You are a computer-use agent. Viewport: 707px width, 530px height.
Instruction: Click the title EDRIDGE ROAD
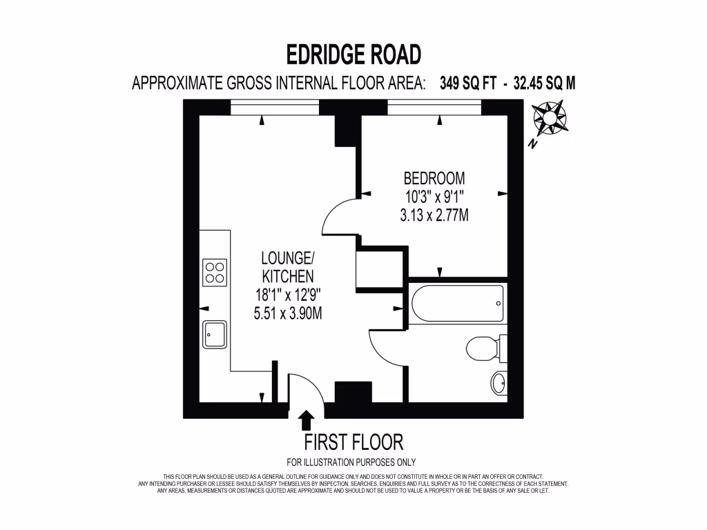point(353,54)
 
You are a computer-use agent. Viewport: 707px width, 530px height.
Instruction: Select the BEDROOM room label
point(434,177)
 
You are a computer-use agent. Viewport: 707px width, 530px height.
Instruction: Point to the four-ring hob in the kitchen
point(214,271)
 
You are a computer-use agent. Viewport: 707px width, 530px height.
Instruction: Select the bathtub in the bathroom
point(456,303)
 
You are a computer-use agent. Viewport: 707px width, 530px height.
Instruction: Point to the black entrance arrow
point(306,420)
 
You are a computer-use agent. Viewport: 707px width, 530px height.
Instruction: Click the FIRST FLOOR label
point(353,442)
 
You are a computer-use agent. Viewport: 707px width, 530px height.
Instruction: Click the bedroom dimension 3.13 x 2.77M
point(434,215)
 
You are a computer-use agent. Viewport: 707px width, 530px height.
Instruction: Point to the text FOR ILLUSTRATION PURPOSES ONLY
point(351,462)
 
